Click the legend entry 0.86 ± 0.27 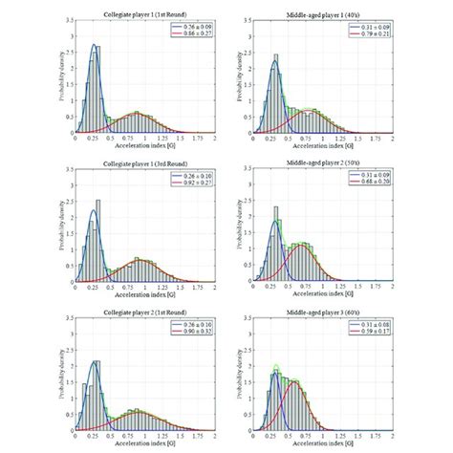197,33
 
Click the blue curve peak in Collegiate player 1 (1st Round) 94,44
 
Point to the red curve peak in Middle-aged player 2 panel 302,245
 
